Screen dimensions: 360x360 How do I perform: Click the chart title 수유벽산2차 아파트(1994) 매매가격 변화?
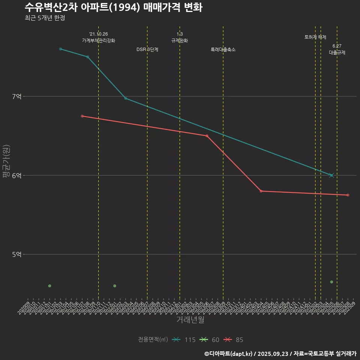click(113, 7)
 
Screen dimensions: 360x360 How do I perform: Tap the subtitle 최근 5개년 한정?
click(45, 18)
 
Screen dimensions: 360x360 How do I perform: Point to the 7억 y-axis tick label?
click(17, 96)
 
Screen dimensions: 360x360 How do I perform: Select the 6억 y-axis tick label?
click(17, 175)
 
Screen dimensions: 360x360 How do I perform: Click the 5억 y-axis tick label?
click(17, 254)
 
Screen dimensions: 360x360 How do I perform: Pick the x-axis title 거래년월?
click(190, 320)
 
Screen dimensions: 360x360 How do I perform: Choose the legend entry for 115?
click(184, 340)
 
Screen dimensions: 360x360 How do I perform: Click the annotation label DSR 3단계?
click(147, 49)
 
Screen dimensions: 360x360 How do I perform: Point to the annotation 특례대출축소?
click(223, 49)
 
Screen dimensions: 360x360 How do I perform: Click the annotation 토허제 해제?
click(315, 37)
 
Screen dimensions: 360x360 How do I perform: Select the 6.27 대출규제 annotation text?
click(337, 49)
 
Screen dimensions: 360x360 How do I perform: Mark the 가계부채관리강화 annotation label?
click(99, 40)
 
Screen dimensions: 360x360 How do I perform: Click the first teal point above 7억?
click(60, 49)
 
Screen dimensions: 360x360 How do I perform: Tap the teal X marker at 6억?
click(331, 175)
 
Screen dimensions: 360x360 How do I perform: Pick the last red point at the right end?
click(348, 195)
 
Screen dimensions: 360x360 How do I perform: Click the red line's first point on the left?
click(82, 116)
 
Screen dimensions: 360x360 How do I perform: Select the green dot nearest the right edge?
click(331, 282)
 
